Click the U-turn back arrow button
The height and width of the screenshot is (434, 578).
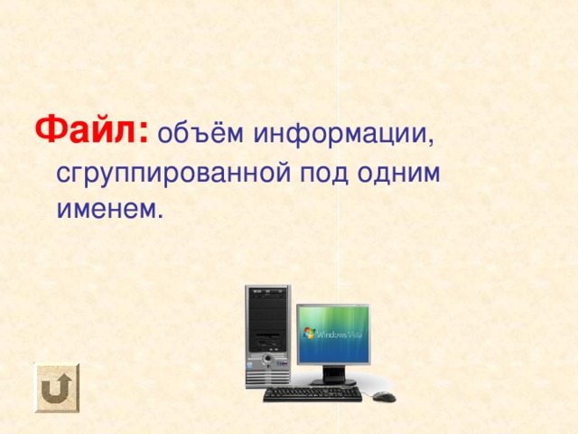[57, 388]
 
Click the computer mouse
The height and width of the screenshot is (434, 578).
[384, 396]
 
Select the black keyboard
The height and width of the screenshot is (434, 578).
[312, 394]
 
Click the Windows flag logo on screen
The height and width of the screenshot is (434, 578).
[310, 332]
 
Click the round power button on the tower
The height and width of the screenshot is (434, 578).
[268, 358]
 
